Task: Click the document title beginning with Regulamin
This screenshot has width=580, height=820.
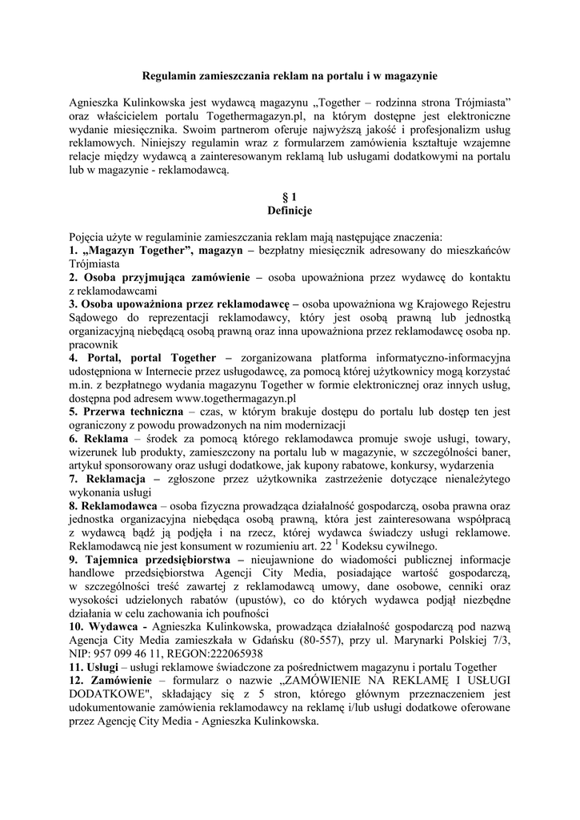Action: (x=290, y=75)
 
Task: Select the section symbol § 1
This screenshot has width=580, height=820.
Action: (x=290, y=198)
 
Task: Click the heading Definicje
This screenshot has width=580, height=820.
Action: (x=290, y=211)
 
